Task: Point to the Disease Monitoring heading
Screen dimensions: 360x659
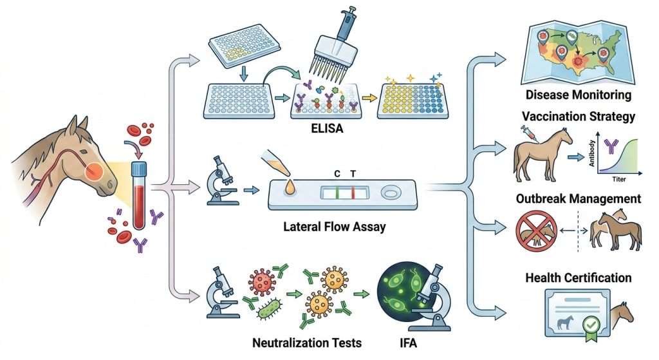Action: click(x=578, y=95)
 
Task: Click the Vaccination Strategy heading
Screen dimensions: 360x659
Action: click(x=579, y=117)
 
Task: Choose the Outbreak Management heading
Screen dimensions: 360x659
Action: click(x=578, y=198)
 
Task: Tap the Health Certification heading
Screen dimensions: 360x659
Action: click(x=578, y=278)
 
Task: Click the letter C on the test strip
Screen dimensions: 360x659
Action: click(x=337, y=174)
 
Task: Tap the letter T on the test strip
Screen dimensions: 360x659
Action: click(x=352, y=174)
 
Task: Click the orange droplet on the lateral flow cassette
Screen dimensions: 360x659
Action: click(x=291, y=187)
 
